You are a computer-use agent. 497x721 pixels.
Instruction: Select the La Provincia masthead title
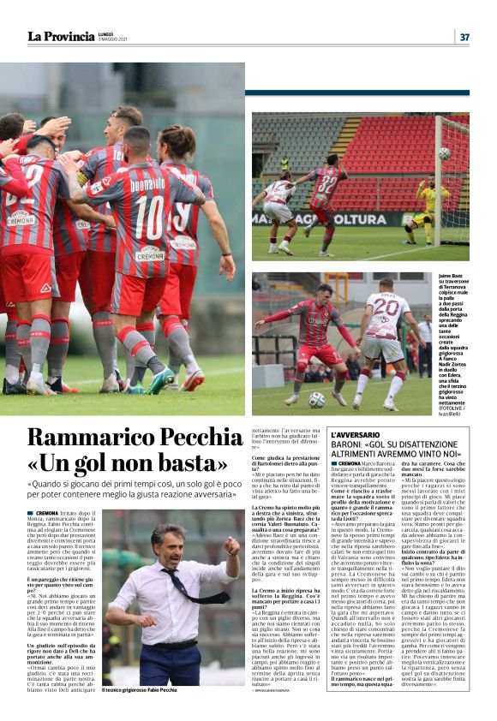tap(61, 37)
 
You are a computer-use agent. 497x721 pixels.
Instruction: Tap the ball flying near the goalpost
tap(444, 153)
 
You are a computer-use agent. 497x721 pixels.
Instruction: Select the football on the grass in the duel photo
tap(316, 399)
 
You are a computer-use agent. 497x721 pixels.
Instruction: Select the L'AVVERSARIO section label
tap(355, 436)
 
